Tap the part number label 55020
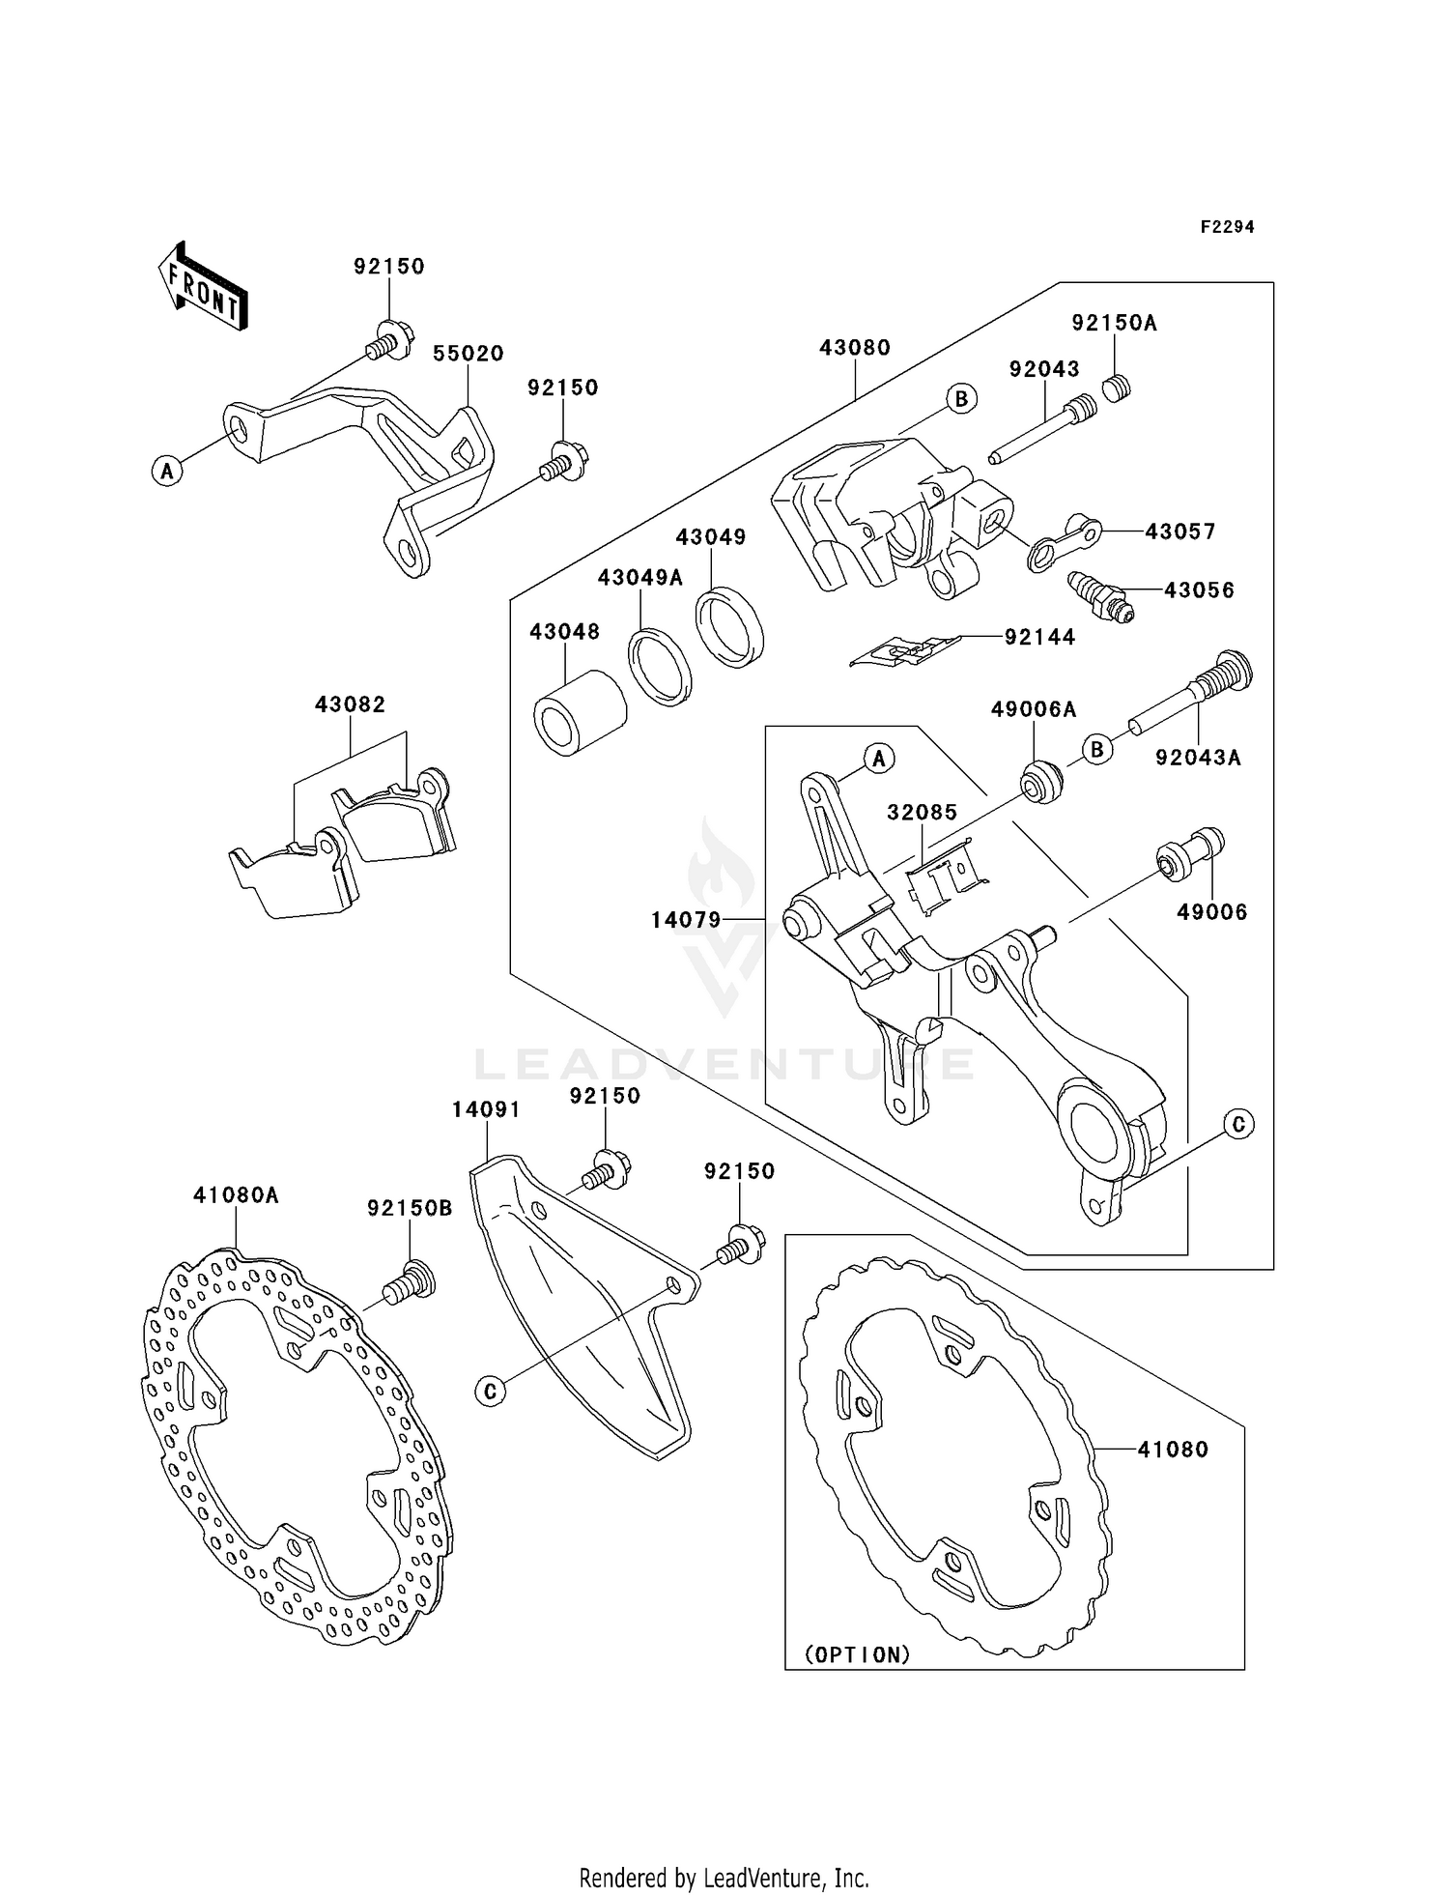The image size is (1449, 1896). click(x=468, y=354)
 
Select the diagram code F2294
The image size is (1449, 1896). click(x=1227, y=227)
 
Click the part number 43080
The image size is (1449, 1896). click(x=855, y=347)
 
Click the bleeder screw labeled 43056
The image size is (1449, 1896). click(x=1101, y=596)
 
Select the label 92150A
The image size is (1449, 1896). click(x=1114, y=323)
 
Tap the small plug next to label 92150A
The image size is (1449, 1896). click(x=1118, y=388)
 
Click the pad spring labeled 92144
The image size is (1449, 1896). click(x=904, y=651)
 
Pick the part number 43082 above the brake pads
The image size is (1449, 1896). click(x=350, y=704)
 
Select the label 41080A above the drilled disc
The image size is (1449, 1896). click(x=236, y=1195)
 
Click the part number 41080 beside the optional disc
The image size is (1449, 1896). click(x=1173, y=1450)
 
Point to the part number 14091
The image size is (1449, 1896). click(x=486, y=1110)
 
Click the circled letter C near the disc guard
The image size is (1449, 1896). click(x=491, y=1392)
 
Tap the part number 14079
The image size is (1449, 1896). click(x=686, y=920)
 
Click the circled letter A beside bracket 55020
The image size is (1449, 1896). click(x=167, y=472)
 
